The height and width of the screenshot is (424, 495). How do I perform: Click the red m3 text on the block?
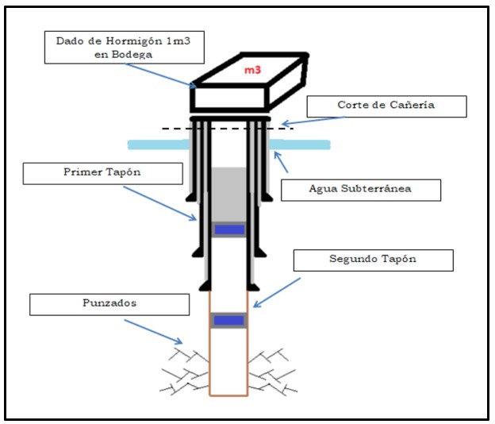pos(253,71)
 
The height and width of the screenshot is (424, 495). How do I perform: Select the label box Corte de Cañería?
pos(386,105)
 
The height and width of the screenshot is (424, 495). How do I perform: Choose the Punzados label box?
pos(109,304)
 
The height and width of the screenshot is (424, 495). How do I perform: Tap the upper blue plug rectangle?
pos(229,229)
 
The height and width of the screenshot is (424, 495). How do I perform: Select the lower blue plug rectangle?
pos(228,320)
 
